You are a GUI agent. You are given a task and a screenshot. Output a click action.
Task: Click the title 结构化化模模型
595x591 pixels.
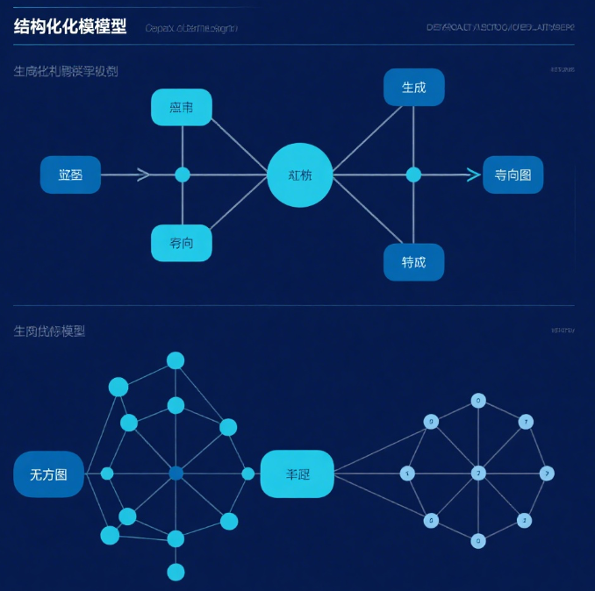pyautogui.click(x=70, y=26)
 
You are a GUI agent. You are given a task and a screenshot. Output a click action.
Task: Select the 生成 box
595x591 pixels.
pyautogui.click(x=413, y=88)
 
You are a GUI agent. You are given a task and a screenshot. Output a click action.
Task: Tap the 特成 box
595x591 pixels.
pyautogui.click(x=413, y=262)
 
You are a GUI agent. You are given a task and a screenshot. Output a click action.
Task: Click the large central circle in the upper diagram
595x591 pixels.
pyautogui.click(x=300, y=174)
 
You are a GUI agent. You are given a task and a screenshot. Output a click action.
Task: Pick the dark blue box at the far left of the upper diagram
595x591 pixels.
pyautogui.click(x=70, y=174)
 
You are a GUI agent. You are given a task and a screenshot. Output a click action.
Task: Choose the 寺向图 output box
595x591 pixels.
pyautogui.click(x=513, y=174)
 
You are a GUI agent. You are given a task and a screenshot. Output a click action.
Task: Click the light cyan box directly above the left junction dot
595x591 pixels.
pyautogui.click(x=182, y=107)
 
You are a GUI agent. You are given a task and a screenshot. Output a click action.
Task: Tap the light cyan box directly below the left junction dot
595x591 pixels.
pyautogui.click(x=182, y=243)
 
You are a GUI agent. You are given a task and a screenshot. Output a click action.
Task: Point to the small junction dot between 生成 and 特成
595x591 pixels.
pyautogui.click(x=413, y=174)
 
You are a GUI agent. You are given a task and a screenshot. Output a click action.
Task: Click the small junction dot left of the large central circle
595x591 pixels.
pyautogui.click(x=183, y=174)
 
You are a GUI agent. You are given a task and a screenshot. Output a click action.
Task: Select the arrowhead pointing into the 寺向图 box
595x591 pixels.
pyautogui.click(x=474, y=174)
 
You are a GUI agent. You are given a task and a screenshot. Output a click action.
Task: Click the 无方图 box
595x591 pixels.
pyautogui.click(x=48, y=474)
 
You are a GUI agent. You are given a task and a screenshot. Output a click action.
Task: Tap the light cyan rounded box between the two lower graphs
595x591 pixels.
pyautogui.click(x=297, y=474)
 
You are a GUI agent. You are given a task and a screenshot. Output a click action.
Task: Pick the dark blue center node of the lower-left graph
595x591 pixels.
pyautogui.click(x=176, y=474)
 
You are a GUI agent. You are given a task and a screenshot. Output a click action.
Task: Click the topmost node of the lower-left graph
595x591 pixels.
pyautogui.click(x=176, y=360)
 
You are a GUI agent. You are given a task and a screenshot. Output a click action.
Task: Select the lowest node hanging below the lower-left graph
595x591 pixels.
pyautogui.click(x=176, y=572)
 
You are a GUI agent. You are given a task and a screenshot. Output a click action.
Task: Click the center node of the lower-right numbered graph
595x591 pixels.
pyautogui.click(x=478, y=474)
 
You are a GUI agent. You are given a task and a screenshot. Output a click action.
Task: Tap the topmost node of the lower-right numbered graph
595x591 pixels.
pyautogui.click(x=478, y=401)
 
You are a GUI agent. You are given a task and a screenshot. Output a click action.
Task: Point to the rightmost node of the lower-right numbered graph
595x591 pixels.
pyautogui.click(x=547, y=474)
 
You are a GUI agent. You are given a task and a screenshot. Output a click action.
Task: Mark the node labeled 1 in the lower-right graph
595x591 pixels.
pyautogui.click(x=407, y=474)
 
